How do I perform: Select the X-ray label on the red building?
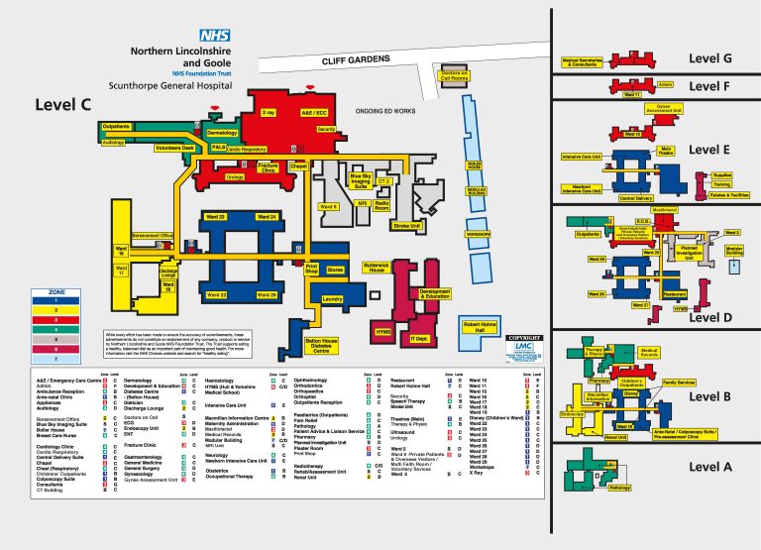(x=268, y=113)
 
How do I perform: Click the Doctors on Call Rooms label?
(x=454, y=75)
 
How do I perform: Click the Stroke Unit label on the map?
(x=407, y=226)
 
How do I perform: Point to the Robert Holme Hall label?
(x=487, y=328)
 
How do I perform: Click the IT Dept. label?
(x=420, y=339)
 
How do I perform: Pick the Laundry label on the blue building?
(x=333, y=298)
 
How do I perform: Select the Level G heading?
(x=710, y=58)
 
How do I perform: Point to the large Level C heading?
(x=62, y=103)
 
